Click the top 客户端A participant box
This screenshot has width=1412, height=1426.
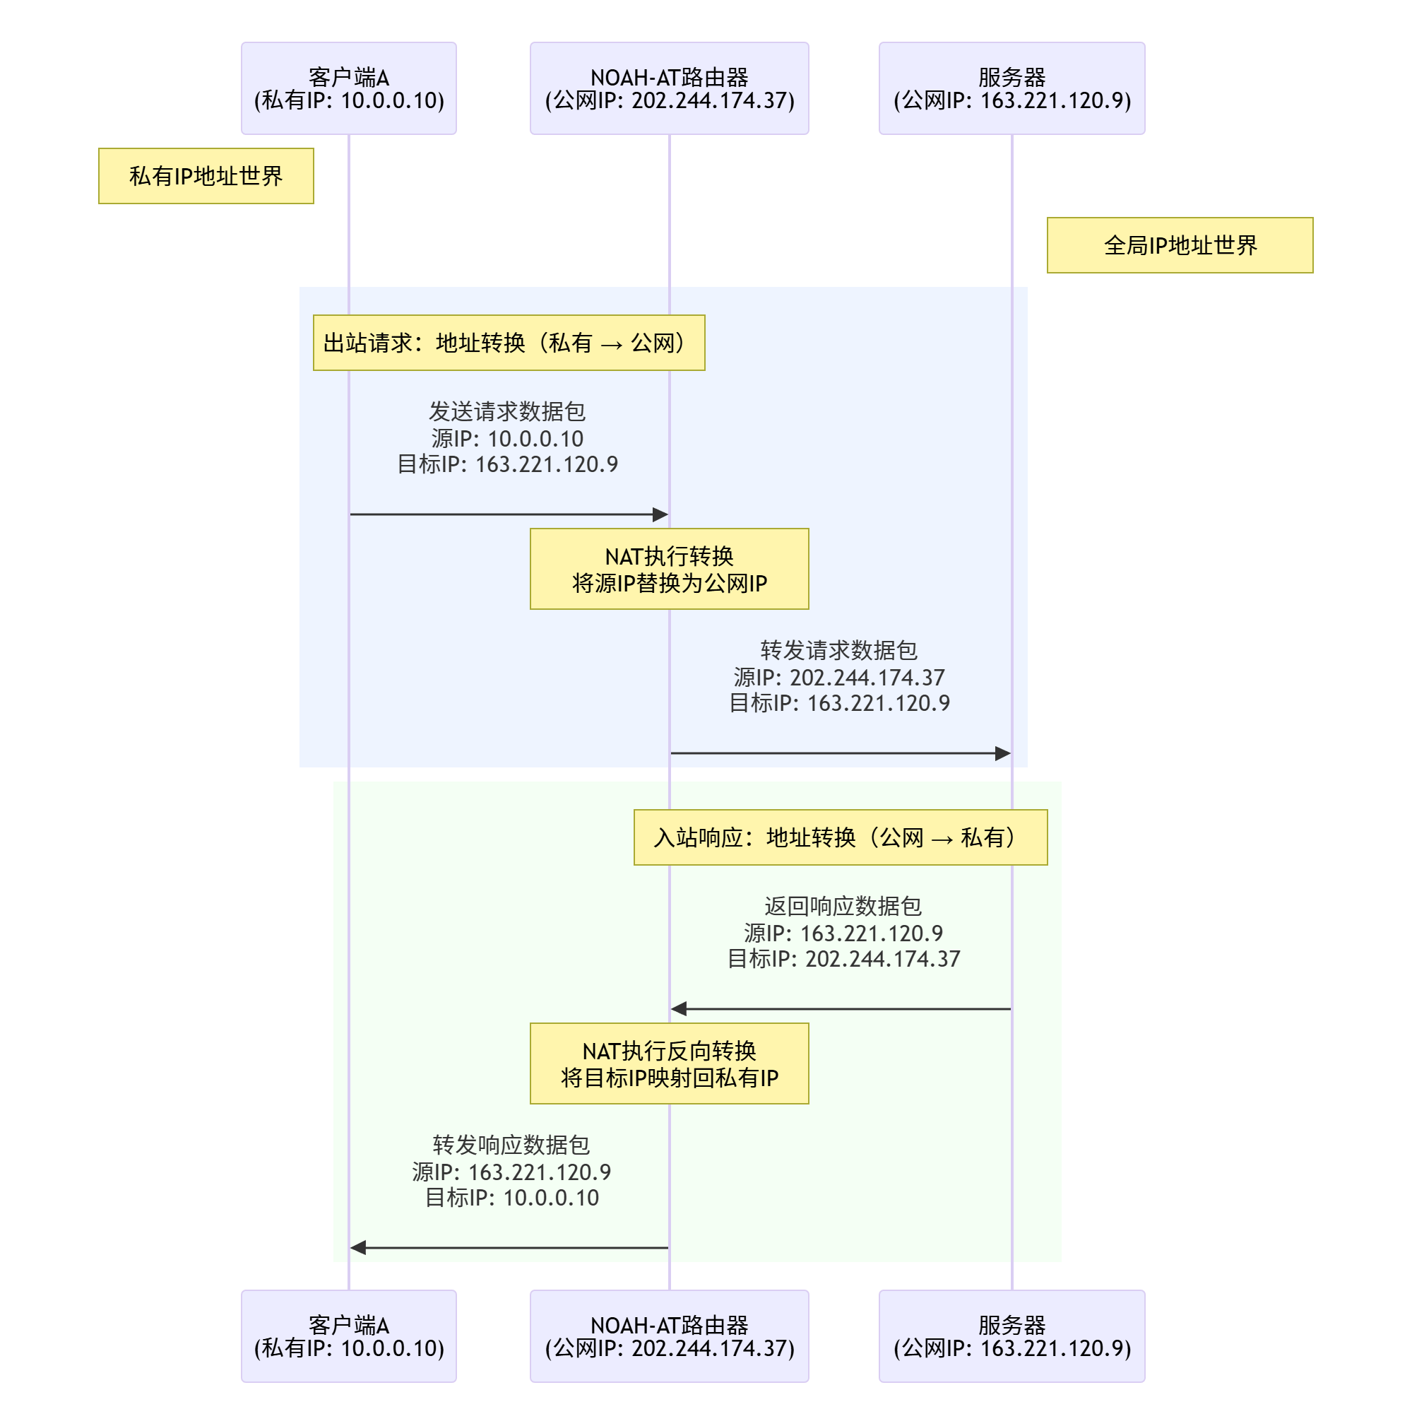tap(348, 88)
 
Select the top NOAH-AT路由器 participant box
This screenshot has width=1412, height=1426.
tap(668, 88)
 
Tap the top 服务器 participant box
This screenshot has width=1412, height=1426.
tap(1011, 88)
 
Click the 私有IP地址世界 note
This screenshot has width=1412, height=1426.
tap(206, 176)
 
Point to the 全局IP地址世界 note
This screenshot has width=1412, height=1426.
tap(1179, 245)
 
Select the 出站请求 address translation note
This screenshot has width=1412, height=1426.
tap(509, 343)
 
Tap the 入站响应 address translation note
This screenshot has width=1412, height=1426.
tap(840, 837)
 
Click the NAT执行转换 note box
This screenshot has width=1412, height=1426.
tap(668, 568)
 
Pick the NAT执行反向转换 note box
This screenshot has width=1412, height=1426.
tap(668, 1063)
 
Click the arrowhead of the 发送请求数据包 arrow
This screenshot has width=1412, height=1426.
tap(661, 514)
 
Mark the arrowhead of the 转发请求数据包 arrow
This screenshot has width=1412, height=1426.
tap(1002, 753)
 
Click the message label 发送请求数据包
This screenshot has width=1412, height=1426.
tap(507, 411)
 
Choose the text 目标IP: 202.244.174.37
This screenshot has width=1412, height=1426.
tap(843, 958)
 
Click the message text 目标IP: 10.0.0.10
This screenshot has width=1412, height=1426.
tap(511, 1197)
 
